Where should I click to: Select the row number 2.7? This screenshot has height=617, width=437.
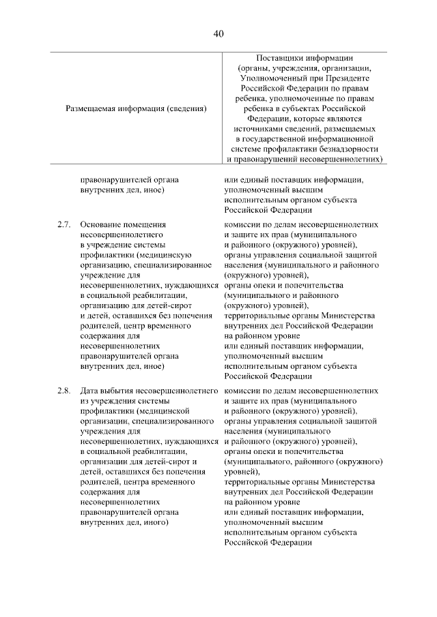(x=64, y=224)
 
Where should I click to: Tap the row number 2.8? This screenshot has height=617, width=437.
(x=64, y=391)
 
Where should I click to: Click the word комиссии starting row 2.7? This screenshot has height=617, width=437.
(x=242, y=224)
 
